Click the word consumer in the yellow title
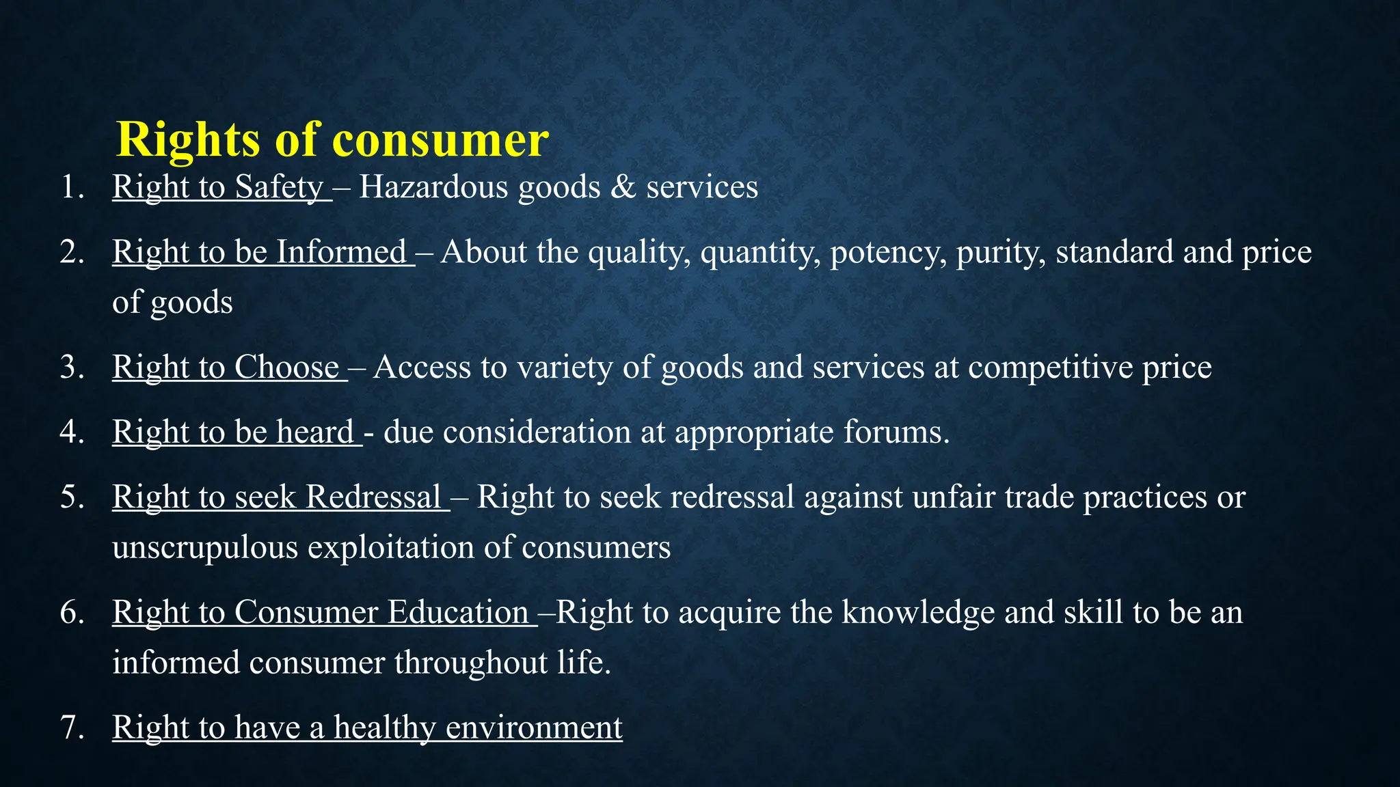click(x=440, y=140)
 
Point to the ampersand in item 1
click(x=623, y=187)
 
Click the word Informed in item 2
click(x=341, y=252)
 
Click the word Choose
click(x=287, y=368)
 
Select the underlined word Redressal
click(x=373, y=497)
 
